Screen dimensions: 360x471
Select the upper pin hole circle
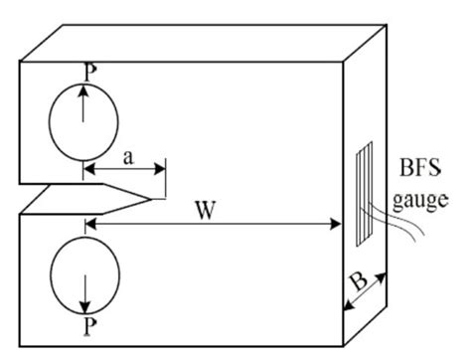click(83, 123)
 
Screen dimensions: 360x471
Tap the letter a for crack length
click(126, 156)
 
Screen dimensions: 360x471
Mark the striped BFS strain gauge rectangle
click(364, 192)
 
